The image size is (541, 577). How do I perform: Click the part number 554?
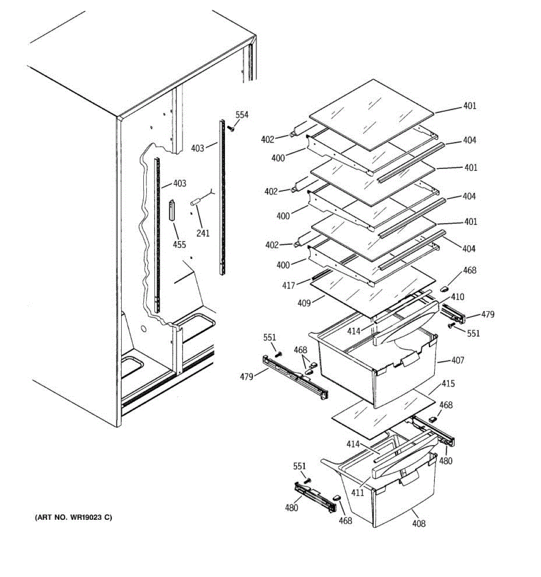242,114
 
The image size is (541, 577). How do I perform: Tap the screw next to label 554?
231,128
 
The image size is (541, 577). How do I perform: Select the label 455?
179,245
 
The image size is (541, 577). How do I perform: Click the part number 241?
203,233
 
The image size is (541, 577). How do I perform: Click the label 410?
457,297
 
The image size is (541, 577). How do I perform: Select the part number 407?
457,360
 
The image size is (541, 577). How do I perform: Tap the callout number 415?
448,384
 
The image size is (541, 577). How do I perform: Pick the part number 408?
419,523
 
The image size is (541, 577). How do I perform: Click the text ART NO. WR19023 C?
74,518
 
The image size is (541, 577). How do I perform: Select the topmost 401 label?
470,105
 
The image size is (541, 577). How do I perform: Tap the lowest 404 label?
469,249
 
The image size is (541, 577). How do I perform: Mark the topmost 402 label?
267,139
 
